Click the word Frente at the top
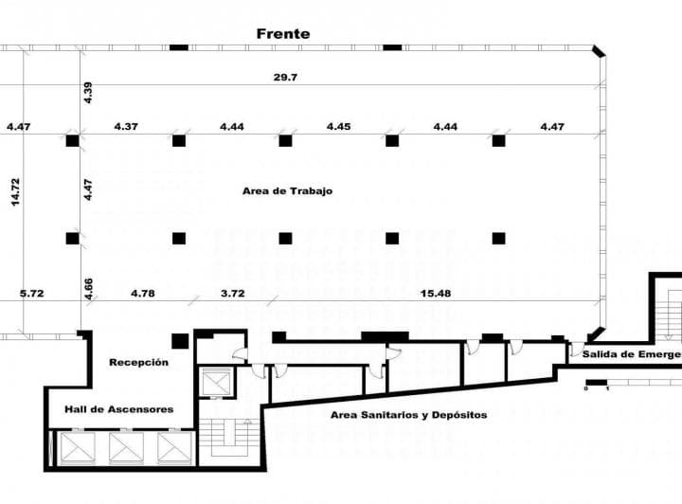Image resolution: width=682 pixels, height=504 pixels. click(x=282, y=33)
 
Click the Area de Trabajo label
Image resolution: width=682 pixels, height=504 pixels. click(x=287, y=190)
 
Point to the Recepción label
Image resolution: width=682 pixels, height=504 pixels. click(x=138, y=362)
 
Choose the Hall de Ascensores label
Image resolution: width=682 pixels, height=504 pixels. click(x=118, y=409)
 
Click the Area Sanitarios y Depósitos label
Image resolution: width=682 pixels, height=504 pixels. click(x=408, y=415)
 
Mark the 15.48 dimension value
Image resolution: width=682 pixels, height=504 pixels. click(x=436, y=293)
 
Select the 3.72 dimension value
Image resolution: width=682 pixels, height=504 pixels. click(x=233, y=293)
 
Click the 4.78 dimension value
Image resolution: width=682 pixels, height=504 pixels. click(x=142, y=293)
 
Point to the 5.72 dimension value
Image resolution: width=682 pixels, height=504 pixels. click(x=31, y=293)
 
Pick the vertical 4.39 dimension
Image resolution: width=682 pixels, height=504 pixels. click(x=88, y=93)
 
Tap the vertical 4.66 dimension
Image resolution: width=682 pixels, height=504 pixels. click(x=88, y=288)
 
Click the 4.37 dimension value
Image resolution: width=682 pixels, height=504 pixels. click(x=126, y=126)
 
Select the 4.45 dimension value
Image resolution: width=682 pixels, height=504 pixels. click(x=339, y=126)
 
